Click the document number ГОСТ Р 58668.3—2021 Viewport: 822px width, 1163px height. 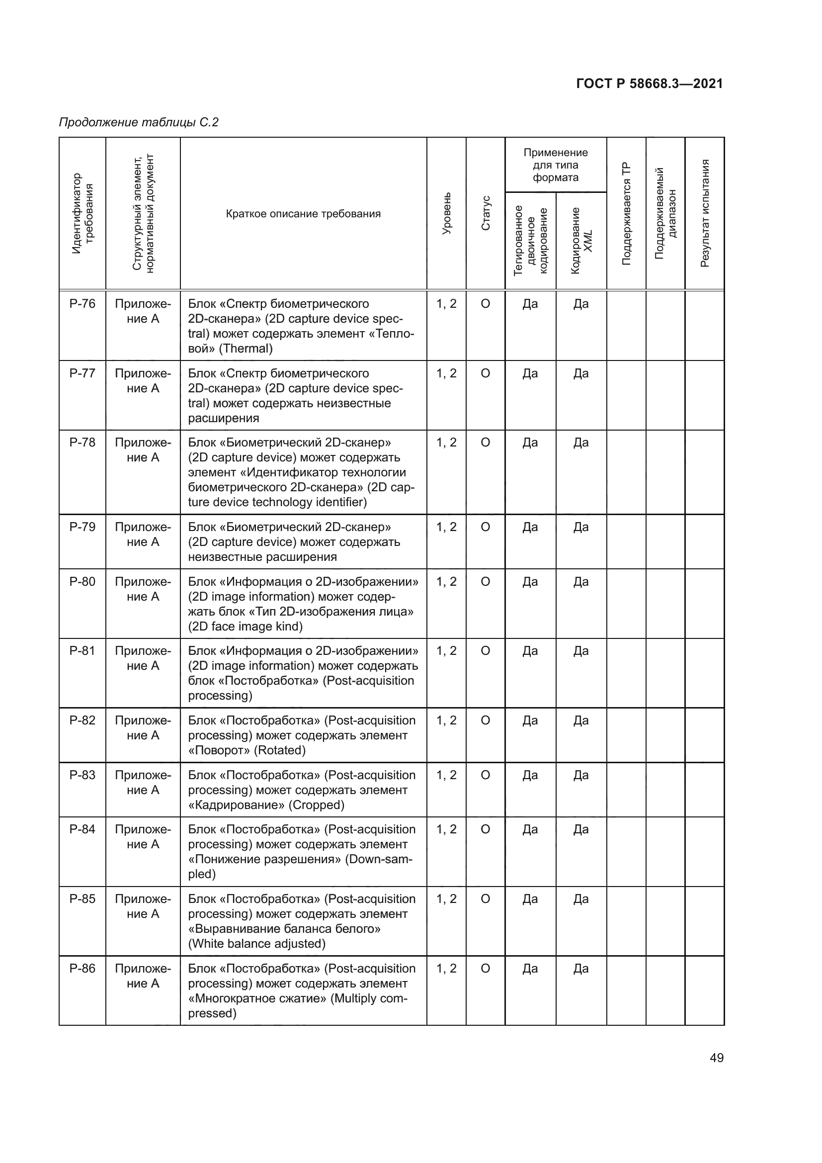click(x=650, y=84)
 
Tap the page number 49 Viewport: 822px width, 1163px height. click(x=716, y=1058)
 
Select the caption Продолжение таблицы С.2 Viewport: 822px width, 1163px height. click(x=139, y=122)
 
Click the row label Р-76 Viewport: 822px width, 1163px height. click(x=82, y=304)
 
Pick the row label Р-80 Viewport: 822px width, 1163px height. click(x=82, y=582)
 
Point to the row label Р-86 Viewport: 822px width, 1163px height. click(x=82, y=969)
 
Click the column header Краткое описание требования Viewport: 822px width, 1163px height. click(x=303, y=214)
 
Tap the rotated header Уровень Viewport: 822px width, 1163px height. click(x=446, y=213)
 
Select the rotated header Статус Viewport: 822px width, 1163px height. click(x=486, y=213)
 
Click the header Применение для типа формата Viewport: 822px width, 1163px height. click(x=555, y=165)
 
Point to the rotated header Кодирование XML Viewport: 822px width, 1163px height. click(x=581, y=241)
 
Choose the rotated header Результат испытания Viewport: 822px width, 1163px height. click(x=705, y=213)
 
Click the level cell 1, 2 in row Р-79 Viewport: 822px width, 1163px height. click(x=446, y=527)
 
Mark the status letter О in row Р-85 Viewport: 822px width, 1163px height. click(x=485, y=899)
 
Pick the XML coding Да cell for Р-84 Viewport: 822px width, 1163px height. click(x=580, y=830)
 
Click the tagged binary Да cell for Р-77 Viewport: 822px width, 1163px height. click(x=530, y=373)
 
